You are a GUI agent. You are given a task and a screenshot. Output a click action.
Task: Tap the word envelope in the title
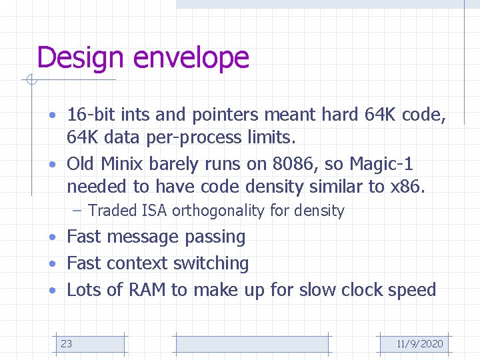coord(191,58)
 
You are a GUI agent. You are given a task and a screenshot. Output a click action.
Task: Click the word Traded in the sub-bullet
coord(112,211)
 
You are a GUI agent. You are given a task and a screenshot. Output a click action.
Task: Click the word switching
coord(211,263)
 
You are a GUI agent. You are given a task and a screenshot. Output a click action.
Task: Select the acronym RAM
coord(147,290)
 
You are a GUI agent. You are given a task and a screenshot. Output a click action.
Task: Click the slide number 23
coord(67,344)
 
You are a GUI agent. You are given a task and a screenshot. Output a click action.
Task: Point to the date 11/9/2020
coord(419,344)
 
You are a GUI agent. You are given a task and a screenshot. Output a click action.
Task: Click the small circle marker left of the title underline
coord(30,81)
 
